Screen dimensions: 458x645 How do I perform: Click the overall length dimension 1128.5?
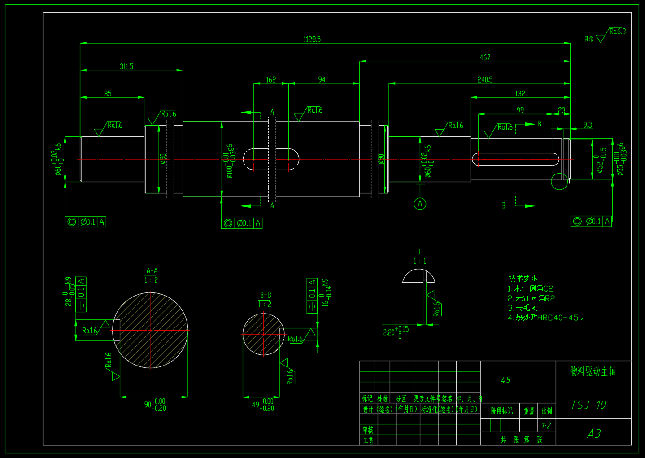point(312,39)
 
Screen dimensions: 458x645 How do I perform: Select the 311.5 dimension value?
point(126,66)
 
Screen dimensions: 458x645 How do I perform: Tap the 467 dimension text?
point(485,57)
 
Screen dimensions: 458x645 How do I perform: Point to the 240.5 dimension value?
point(485,79)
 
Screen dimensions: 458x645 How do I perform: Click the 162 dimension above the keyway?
point(271,79)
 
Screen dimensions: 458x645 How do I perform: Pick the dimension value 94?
point(322,79)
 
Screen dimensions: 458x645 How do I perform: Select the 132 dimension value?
point(520,93)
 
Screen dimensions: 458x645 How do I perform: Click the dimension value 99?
point(520,110)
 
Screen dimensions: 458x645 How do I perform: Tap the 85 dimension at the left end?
point(108,93)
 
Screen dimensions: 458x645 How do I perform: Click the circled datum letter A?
point(420,204)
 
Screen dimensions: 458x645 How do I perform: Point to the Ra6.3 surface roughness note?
point(617,31)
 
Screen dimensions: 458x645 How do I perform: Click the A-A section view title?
point(152,271)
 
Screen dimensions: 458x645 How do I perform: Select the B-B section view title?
point(266,295)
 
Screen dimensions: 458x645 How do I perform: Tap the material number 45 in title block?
point(506,380)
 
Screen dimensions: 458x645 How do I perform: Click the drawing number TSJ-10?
point(588,405)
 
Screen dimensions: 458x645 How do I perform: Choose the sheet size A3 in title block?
point(594,434)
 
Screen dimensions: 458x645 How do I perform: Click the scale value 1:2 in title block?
point(546,426)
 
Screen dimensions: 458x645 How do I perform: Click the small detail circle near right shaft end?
point(559,181)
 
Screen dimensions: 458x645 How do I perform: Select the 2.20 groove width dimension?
point(389,332)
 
